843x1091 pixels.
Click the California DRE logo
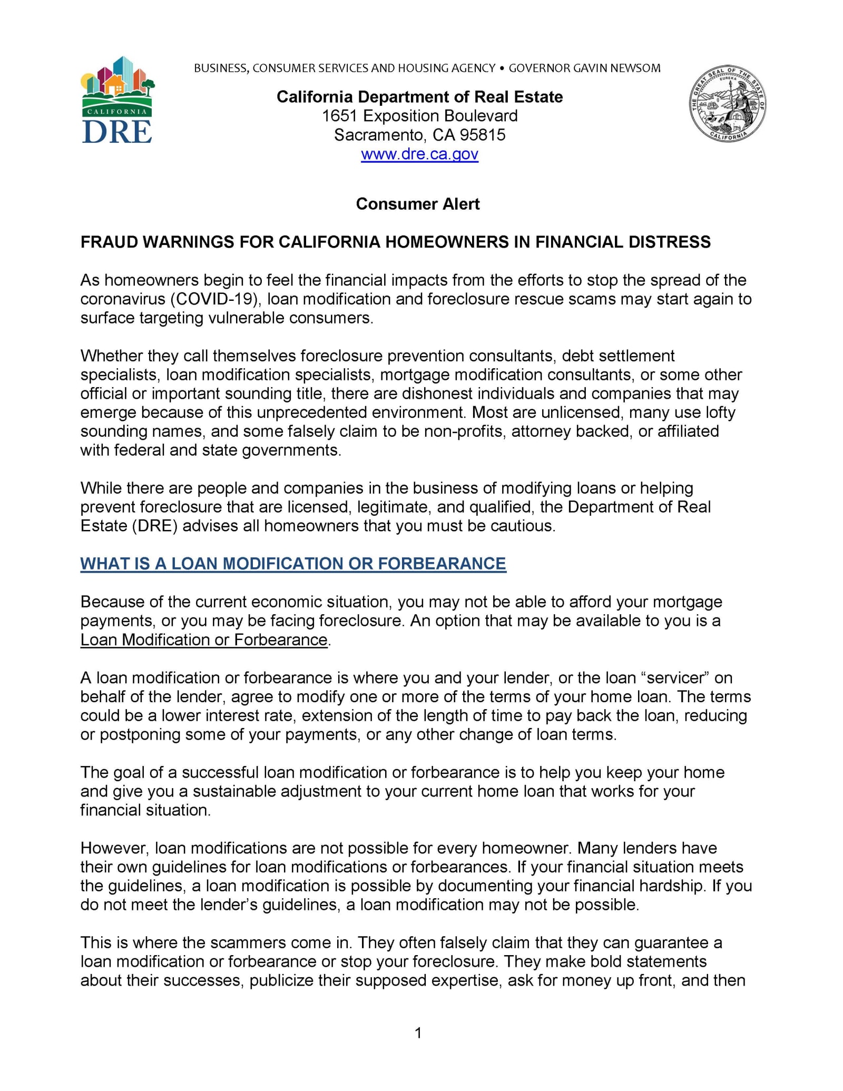pos(117,100)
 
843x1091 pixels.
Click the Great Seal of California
pos(727,104)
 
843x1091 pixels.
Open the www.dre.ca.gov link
pos(419,154)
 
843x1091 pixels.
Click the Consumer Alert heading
pos(418,204)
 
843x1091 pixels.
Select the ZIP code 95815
pos(482,135)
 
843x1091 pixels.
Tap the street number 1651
pos(340,116)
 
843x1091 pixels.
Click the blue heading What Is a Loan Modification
pos(293,564)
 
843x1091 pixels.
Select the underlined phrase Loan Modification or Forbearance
pos(204,640)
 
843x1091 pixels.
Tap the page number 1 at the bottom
pos(418,1033)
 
